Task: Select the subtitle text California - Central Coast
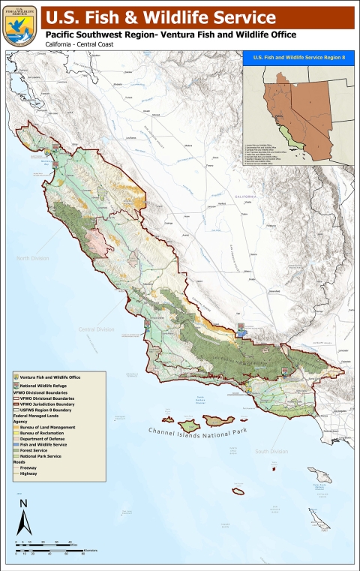(x=79, y=47)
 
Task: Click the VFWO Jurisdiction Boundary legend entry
(x=49, y=404)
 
